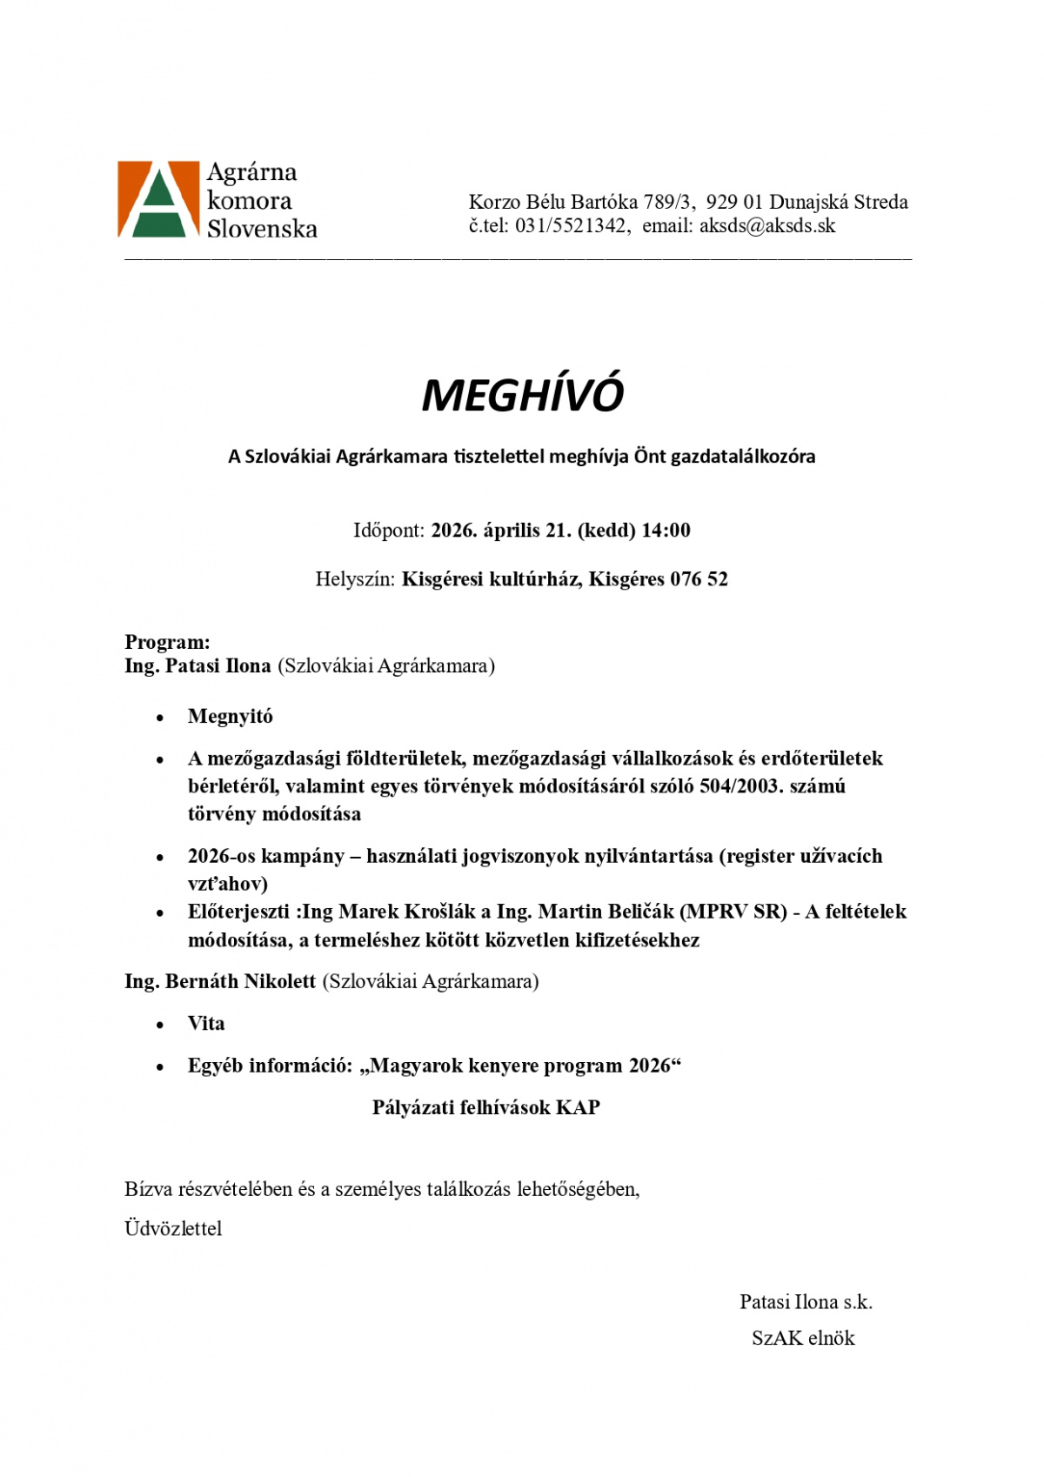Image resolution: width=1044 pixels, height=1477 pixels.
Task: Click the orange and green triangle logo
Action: (158, 199)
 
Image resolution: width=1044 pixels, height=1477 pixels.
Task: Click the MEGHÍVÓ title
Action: (522, 395)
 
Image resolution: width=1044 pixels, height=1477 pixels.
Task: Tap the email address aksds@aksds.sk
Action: (767, 226)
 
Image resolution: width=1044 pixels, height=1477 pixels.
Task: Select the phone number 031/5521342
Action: (571, 226)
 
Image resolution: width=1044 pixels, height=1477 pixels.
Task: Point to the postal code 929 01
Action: (734, 203)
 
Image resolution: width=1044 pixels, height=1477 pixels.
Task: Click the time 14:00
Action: (666, 531)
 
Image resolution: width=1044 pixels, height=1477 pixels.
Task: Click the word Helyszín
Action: (355, 579)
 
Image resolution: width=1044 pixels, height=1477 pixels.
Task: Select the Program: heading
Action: (167, 643)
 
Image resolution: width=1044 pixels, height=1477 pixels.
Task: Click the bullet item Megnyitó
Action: (231, 717)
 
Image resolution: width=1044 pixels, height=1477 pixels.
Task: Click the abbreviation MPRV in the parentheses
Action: (717, 912)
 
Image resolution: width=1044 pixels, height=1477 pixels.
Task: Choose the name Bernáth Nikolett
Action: (240, 981)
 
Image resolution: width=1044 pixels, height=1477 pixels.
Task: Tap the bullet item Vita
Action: (206, 1024)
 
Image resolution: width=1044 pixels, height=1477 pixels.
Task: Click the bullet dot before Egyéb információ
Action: (160, 1067)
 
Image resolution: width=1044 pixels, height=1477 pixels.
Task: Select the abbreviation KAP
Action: (578, 1107)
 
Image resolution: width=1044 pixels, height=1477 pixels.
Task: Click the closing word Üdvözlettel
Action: (173, 1229)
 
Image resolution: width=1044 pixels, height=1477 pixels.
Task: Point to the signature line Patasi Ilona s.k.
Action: (806, 1302)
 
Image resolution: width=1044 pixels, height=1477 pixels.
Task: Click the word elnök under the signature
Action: (831, 1339)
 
